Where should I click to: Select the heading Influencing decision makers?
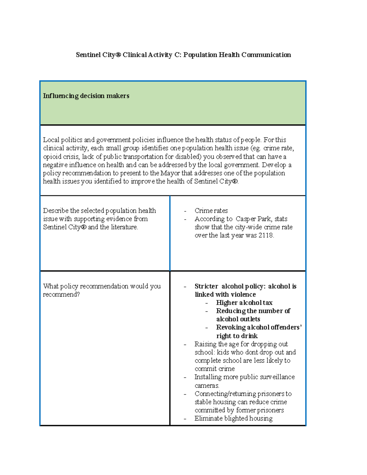click(x=86, y=96)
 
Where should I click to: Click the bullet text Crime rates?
click(x=211, y=211)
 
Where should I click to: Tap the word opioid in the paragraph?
click(x=52, y=157)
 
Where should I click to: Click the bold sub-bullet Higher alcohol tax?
click(x=244, y=303)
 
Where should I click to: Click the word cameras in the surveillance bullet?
click(x=206, y=385)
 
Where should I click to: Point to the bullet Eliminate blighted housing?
click(x=233, y=418)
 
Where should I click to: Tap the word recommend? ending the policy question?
click(x=61, y=295)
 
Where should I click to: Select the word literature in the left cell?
click(x=124, y=227)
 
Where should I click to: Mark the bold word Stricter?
click(x=206, y=286)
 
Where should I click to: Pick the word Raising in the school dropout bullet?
click(x=206, y=344)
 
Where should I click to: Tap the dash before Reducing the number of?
click(x=207, y=311)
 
